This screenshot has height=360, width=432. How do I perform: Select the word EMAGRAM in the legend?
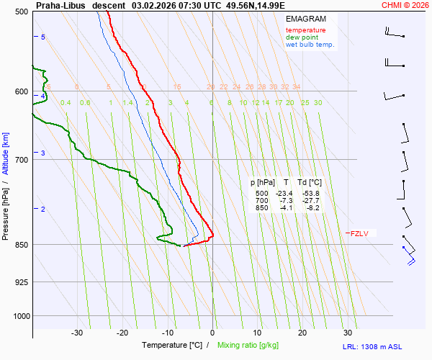305,19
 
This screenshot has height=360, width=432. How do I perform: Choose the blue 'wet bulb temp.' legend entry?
310,45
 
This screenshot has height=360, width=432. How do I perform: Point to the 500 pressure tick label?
22,12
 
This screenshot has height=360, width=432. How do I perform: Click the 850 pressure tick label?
22,245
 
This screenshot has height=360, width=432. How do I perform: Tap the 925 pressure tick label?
22,282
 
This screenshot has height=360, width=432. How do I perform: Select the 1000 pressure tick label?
20,316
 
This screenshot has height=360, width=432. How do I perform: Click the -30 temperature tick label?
77,333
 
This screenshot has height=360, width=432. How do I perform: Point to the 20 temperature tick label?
302,333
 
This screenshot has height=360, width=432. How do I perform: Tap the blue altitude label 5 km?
42,37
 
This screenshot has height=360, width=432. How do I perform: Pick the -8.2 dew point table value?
312,208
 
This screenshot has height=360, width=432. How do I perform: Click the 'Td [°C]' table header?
310,183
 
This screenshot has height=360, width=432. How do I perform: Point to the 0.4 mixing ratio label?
66,103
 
